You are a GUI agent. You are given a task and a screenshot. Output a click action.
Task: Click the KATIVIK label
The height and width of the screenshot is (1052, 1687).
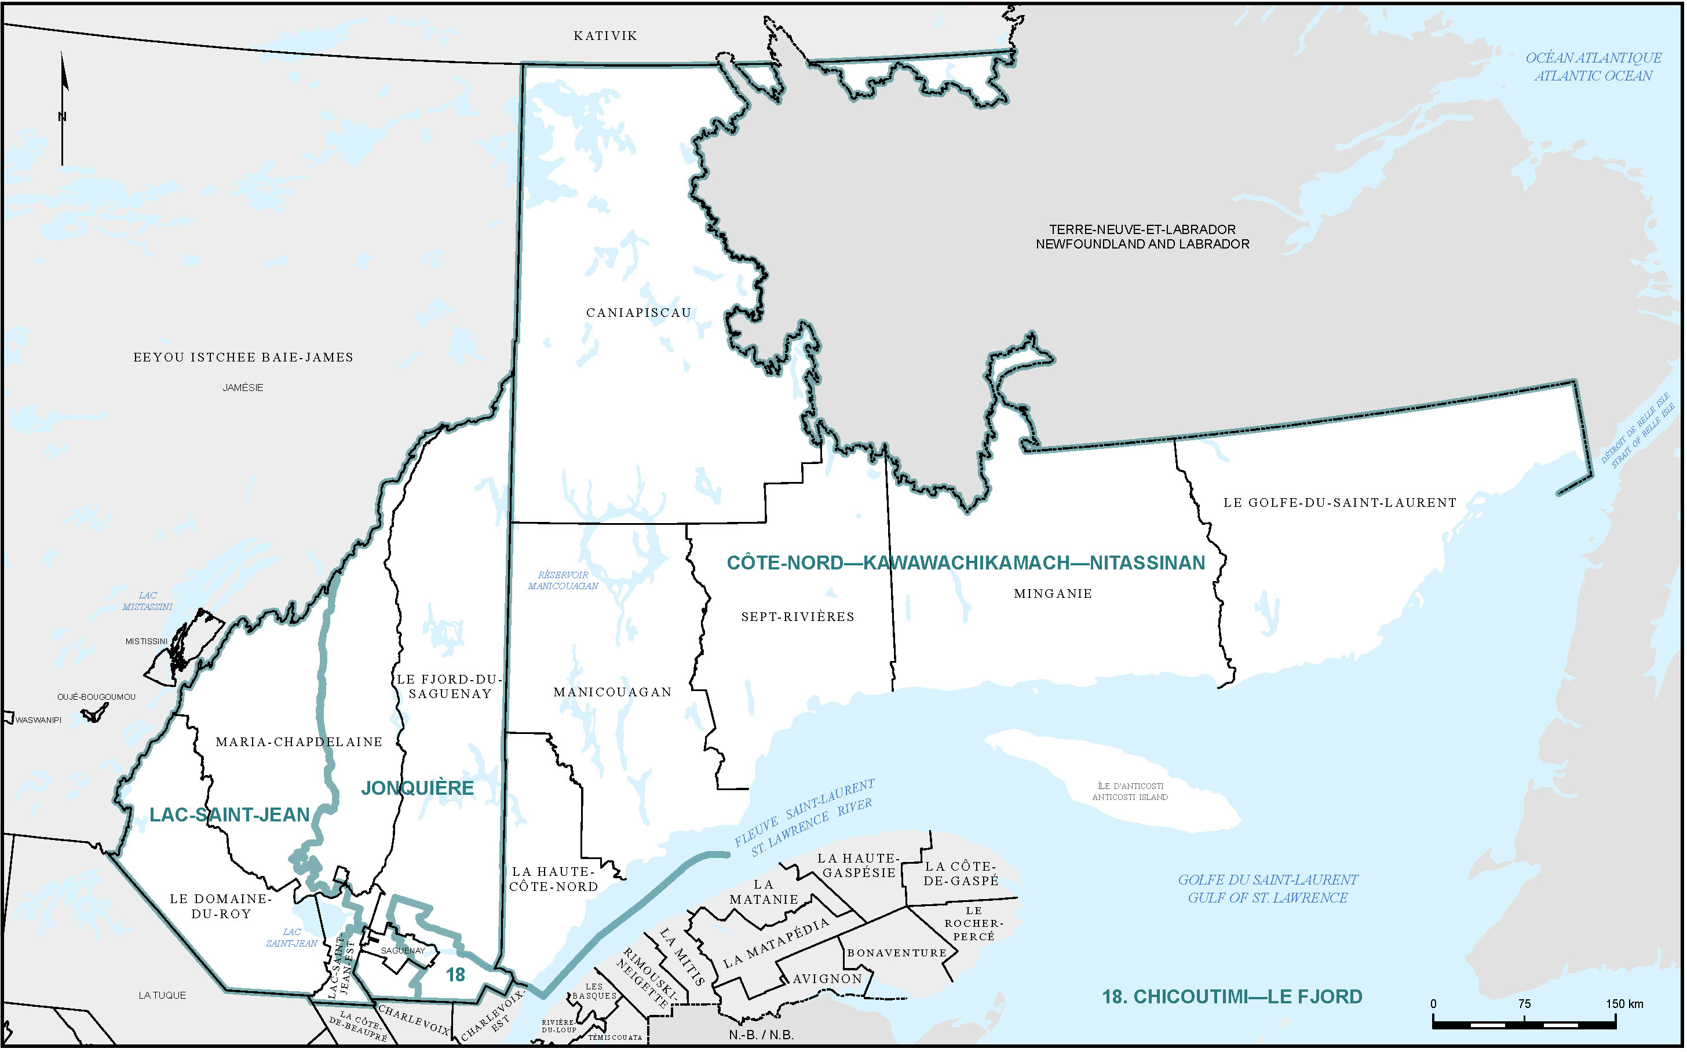coord(605,36)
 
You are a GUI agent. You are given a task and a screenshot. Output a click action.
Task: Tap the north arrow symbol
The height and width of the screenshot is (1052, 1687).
coord(63,108)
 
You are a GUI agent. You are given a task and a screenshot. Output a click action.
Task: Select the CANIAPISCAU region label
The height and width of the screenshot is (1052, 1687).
coord(638,313)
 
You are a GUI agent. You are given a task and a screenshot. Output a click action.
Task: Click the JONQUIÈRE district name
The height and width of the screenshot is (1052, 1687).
coord(417,788)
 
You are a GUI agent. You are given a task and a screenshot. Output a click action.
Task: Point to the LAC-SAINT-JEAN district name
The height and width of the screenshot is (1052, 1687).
coord(229,814)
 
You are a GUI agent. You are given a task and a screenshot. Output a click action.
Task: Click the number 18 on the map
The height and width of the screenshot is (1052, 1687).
coord(456,976)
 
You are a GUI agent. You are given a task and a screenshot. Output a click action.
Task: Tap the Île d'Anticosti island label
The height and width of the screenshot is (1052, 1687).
coord(1130,792)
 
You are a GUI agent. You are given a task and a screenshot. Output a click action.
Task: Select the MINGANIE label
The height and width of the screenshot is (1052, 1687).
coord(1053,594)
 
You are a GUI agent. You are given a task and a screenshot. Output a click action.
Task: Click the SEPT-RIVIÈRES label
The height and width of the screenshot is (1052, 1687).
coord(797,616)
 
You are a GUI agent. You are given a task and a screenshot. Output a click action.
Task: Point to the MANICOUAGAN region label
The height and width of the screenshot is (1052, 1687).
coord(612,692)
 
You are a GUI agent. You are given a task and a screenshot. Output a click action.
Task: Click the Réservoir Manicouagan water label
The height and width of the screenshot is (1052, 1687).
coord(563,580)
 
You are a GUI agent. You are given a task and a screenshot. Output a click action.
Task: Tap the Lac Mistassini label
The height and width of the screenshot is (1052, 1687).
coord(148,601)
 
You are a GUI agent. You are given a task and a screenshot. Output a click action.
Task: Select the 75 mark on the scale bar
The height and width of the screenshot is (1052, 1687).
coord(1524,1004)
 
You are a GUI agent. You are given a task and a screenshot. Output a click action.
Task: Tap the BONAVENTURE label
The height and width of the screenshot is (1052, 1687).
coord(897,953)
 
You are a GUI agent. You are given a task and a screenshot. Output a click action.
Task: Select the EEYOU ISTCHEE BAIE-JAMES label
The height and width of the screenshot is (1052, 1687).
coord(243,357)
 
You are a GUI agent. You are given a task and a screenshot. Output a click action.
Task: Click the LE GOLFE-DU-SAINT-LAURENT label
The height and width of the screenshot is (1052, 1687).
coord(1339,502)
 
